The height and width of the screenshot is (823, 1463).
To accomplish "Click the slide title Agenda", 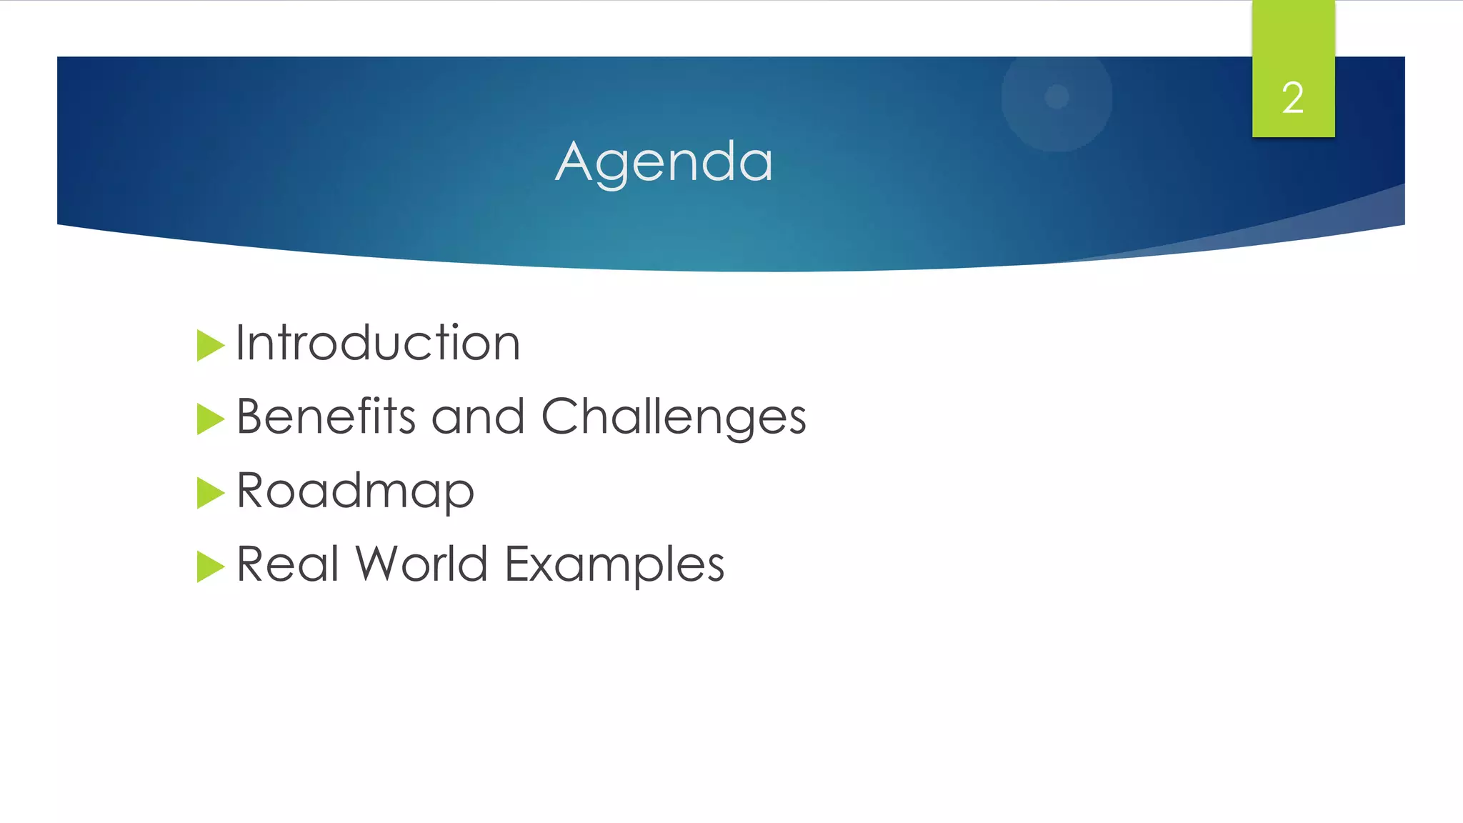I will click(664, 162).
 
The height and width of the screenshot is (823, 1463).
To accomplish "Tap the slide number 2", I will click(1292, 98).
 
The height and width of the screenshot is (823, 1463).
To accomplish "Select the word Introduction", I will click(378, 343).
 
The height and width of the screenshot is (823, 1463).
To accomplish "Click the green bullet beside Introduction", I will click(210, 345).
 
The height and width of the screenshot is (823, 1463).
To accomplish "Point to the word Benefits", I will click(326, 416).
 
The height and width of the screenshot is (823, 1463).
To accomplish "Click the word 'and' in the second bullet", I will click(478, 417).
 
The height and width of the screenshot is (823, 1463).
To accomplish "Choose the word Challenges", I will click(674, 417).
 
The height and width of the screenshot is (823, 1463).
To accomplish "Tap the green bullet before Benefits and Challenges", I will click(210, 419).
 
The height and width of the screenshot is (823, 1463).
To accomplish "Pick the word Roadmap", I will click(355, 492).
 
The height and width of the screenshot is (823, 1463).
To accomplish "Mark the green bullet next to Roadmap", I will click(210, 492).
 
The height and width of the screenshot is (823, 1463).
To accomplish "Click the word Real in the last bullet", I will click(287, 564).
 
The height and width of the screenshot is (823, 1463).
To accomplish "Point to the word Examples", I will click(614, 565).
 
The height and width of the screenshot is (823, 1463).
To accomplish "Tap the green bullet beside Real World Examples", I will click(210, 566).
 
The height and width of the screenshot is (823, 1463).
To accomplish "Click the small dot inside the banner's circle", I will click(1057, 96).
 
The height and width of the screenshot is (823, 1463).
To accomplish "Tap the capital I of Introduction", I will click(241, 342).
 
